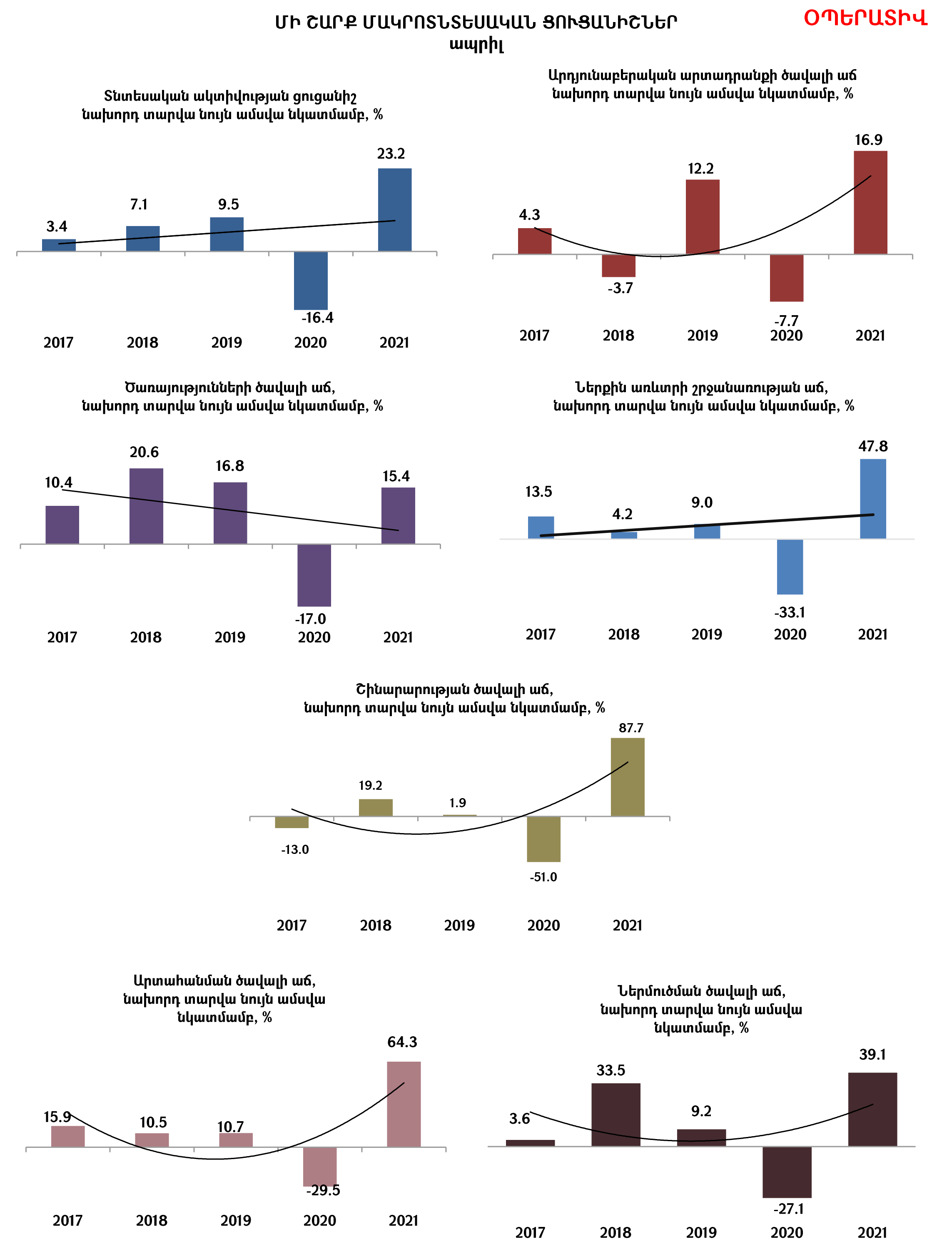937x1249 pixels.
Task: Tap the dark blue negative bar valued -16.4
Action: [311, 280]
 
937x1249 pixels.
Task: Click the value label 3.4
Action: [57, 226]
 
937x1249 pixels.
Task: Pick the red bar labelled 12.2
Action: [702, 217]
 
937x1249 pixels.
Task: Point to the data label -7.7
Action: [786, 321]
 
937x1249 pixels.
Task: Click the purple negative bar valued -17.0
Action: [314, 575]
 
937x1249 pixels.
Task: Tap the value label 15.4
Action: [396, 476]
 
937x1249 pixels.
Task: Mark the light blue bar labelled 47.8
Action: [872, 499]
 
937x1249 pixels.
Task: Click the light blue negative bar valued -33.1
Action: [790, 567]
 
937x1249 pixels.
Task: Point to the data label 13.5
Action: [538, 492]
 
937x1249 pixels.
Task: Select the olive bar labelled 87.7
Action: [628, 777]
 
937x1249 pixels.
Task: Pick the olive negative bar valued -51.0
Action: [543, 839]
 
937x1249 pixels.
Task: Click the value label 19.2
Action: [371, 786]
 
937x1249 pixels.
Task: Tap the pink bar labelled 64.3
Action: [403, 1105]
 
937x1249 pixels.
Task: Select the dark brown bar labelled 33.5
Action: [616, 1115]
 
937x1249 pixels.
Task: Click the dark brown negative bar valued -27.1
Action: [787, 1172]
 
